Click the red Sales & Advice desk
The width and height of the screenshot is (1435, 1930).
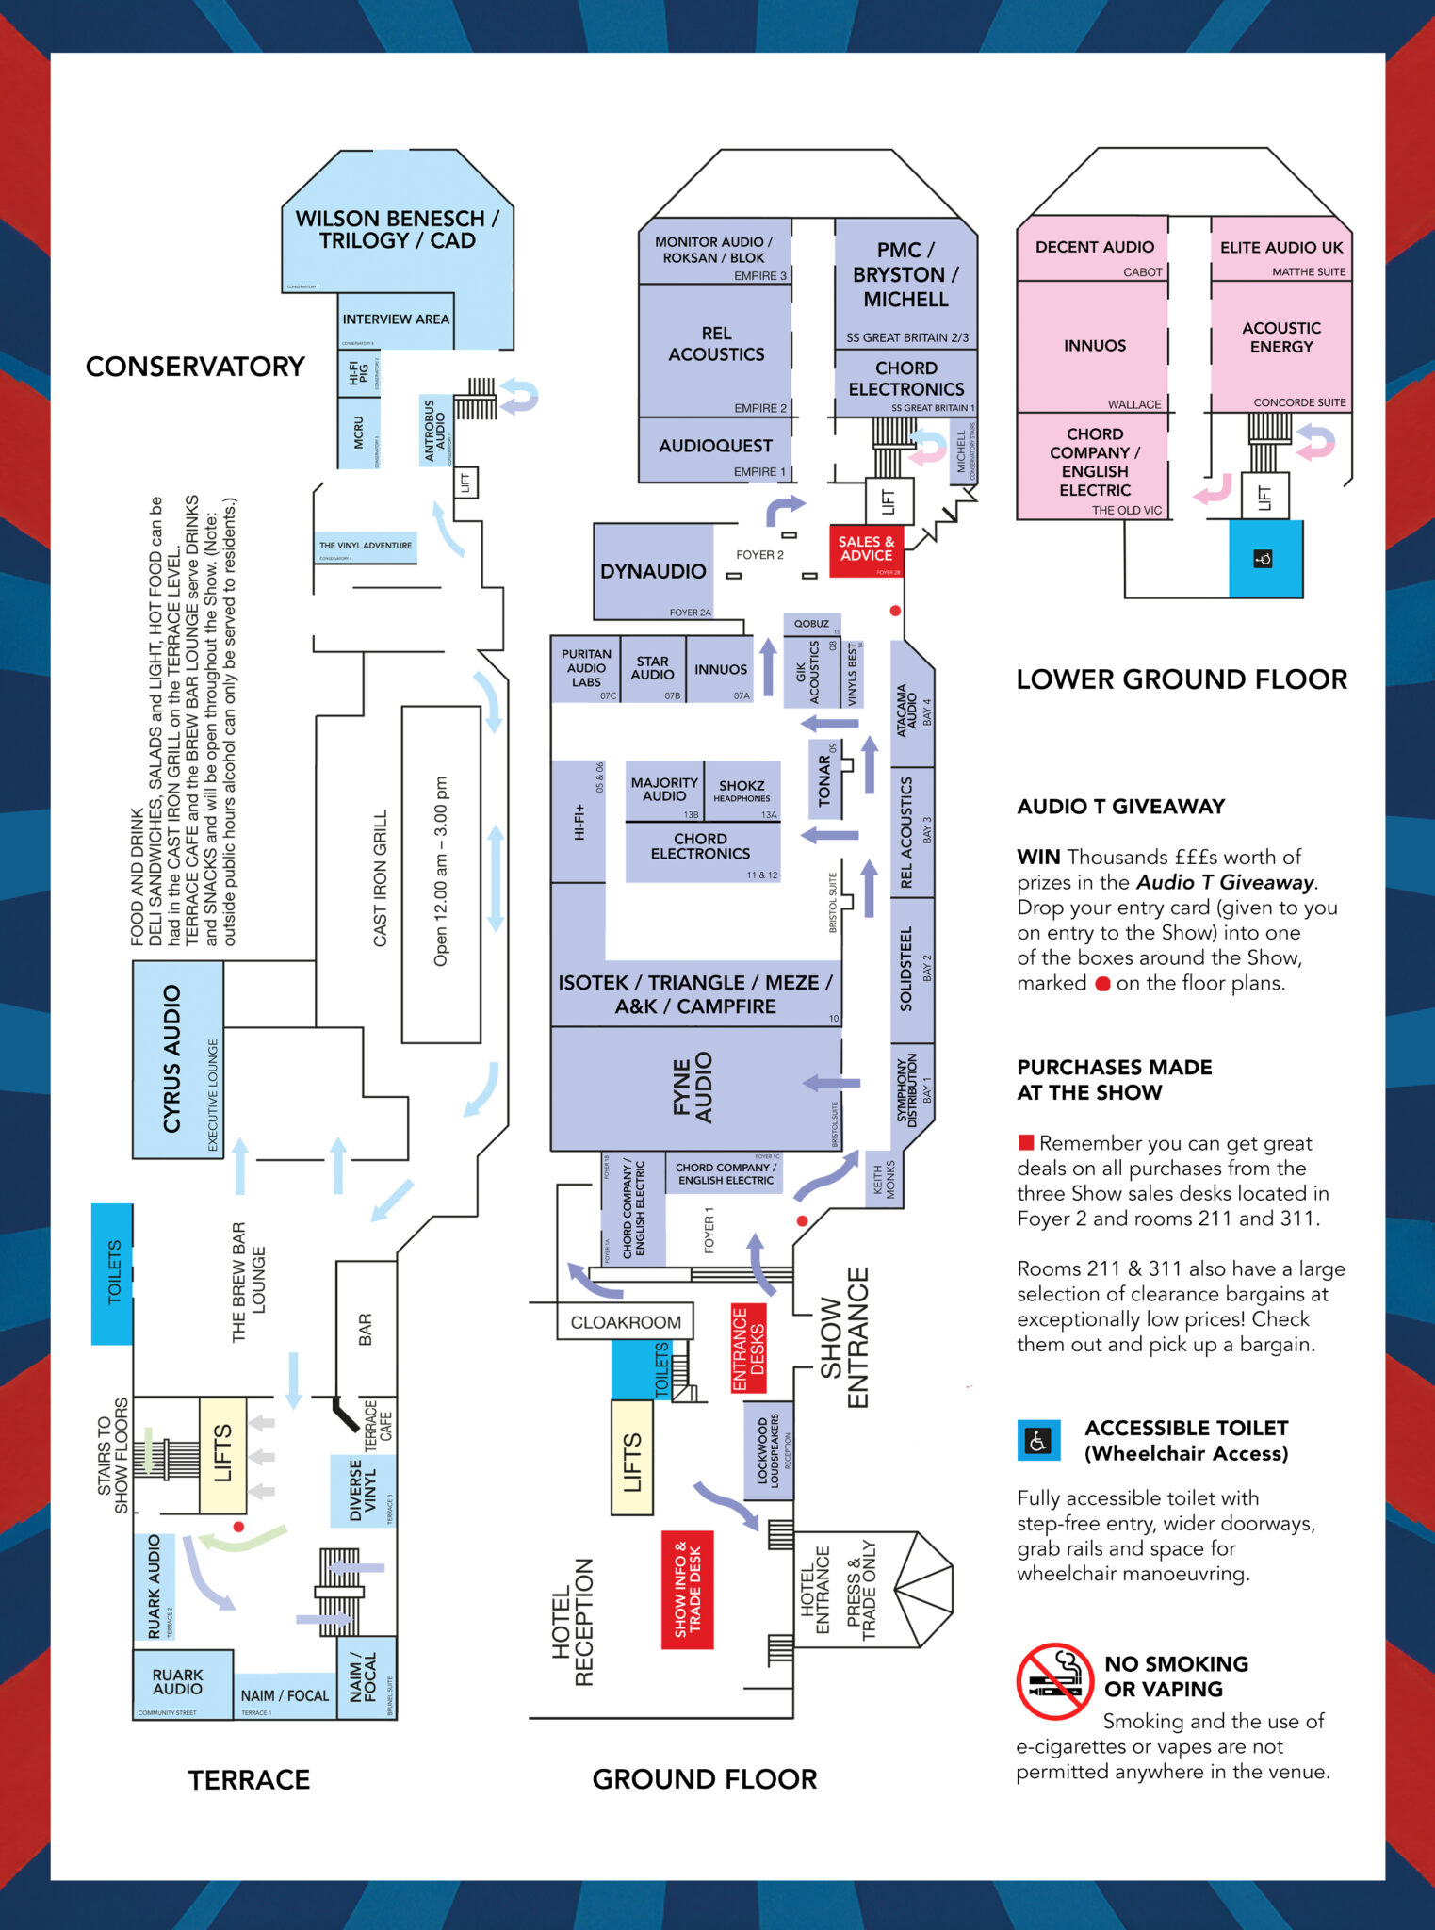(866, 549)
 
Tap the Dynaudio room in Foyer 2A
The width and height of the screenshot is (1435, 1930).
(653, 572)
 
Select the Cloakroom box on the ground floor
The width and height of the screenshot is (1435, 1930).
(625, 1322)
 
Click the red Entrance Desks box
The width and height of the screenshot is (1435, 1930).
(748, 1349)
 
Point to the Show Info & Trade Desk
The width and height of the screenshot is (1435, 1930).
(687, 1590)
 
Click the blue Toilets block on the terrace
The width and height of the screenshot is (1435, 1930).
(112, 1272)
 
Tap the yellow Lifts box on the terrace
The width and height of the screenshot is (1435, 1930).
(222, 1455)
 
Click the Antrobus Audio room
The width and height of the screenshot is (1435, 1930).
(434, 431)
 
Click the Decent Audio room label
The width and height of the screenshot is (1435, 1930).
(1094, 248)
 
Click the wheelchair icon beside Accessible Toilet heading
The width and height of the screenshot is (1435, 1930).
(1038, 1441)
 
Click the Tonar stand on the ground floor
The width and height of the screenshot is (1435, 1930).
(825, 779)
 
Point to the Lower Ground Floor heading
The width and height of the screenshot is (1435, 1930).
(1182, 679)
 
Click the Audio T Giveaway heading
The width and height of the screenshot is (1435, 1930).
(1120, 807)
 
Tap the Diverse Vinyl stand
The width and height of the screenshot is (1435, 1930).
(363, 1491)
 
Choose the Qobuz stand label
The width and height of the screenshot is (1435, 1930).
(811, 624)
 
